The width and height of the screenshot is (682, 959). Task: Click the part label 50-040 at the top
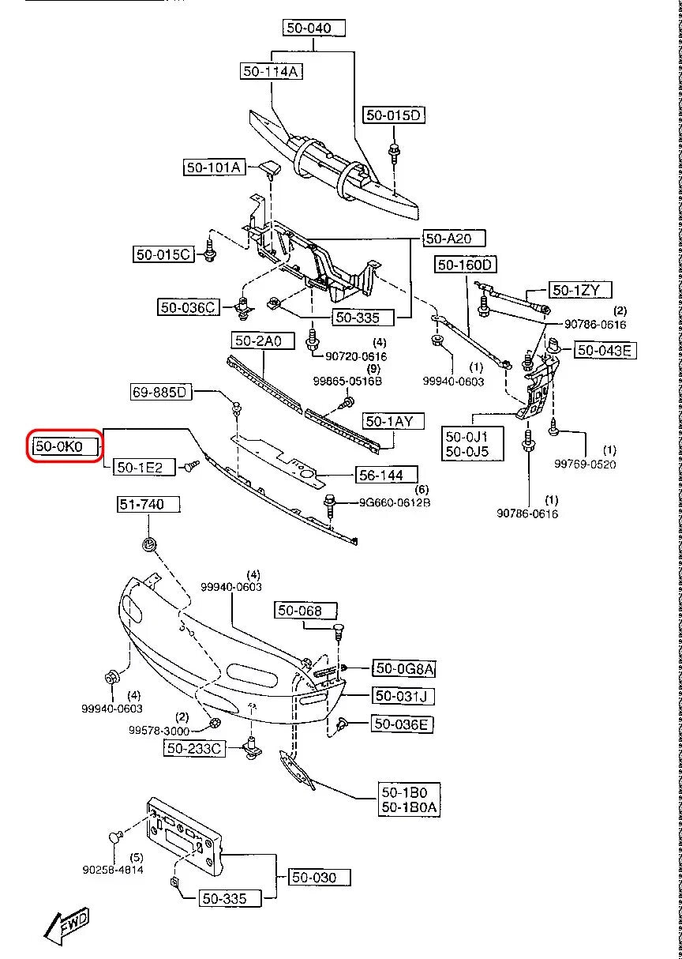[314, 28]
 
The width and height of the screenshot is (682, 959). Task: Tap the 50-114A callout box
[272, 71]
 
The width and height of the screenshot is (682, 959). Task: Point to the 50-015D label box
[394, 115]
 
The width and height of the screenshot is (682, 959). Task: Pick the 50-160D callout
[465, 265]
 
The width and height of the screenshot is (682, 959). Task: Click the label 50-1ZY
[581, 291]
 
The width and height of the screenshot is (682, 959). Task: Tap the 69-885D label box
[161, 391]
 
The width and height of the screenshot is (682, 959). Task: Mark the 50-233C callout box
[194, 748]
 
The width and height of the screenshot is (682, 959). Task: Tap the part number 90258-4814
[112, 871]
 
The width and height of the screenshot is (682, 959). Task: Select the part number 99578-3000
[159, 731]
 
